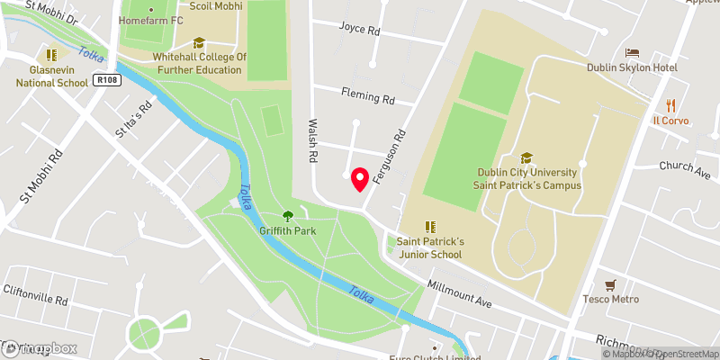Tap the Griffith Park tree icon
[288, 215]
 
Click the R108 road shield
[105, 81]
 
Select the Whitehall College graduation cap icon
[199, 42]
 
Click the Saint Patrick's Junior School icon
[430, 227]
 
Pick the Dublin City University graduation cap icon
[526, 157]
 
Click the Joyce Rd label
[359, 29]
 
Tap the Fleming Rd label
[368, 93]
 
